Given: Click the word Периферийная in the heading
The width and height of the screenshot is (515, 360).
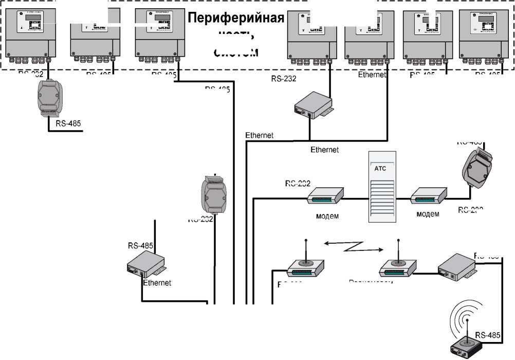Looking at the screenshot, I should (x=235, y=18).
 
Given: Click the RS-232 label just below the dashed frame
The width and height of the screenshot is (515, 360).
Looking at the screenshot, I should (x=284, y=79).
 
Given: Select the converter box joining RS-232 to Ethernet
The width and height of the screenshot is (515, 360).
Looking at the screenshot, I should (x=312, y=106).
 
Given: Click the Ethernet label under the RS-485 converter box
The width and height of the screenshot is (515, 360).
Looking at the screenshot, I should (x=157, y=283).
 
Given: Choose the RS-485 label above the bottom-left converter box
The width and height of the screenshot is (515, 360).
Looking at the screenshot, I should (x=141, y=246).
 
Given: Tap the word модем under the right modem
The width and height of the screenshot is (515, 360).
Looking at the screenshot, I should (x=428, y=214).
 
